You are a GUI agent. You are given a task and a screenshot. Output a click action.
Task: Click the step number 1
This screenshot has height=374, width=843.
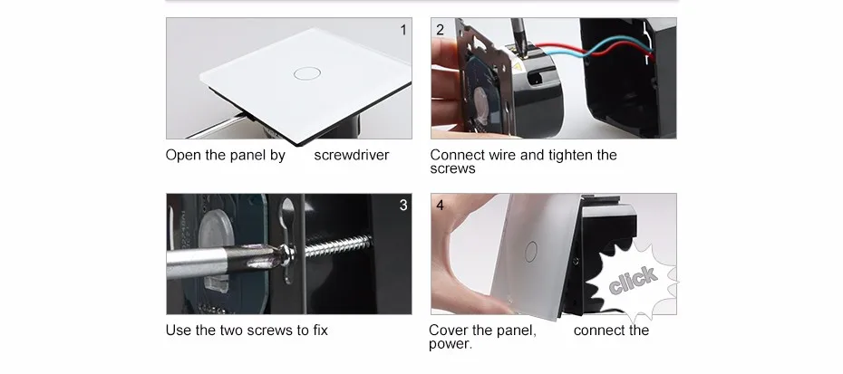(x=403, y=30)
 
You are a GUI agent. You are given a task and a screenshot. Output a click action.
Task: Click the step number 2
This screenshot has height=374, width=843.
(x=441, y=30)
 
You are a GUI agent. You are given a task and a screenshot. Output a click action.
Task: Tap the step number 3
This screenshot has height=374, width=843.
(x=403, y=206)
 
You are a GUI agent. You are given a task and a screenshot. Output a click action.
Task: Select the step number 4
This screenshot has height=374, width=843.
(x=441, y=206)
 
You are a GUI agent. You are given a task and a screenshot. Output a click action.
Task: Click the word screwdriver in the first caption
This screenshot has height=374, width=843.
(x=352, y=155)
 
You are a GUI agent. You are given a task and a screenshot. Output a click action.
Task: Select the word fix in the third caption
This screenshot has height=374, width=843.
(x=320, y=330)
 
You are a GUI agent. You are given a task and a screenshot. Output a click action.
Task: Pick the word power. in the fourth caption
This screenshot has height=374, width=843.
(x=451, y=344)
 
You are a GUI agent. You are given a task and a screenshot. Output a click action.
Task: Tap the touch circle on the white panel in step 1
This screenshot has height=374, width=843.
(x=307, y=73)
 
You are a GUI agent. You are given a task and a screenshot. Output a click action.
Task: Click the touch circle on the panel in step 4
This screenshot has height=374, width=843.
(x=530, y=252)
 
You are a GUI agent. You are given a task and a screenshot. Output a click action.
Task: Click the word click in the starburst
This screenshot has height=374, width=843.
(x=633, y=280)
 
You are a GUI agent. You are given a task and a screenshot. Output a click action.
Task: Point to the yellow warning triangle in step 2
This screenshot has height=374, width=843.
(x=518, y=67)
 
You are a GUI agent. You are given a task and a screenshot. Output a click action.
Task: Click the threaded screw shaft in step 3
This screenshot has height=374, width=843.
(x=337, y=246)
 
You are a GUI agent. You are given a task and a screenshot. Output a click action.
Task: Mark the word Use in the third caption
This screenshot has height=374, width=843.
(x=179, y=330)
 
